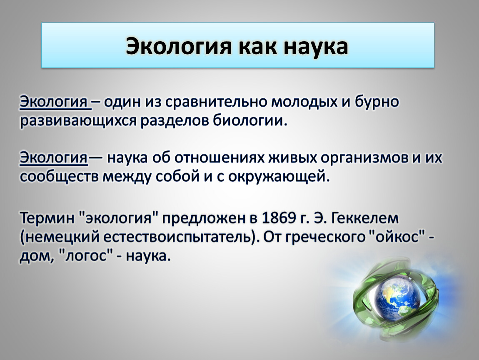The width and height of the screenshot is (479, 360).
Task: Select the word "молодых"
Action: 304,102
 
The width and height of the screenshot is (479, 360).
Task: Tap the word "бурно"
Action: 377,102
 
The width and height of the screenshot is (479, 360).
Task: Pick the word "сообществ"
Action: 60,177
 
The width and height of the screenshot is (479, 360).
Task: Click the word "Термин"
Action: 47,218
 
